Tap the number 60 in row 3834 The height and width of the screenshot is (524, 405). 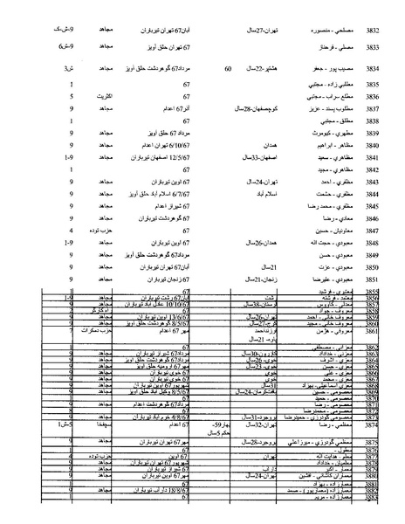point(229,67)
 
